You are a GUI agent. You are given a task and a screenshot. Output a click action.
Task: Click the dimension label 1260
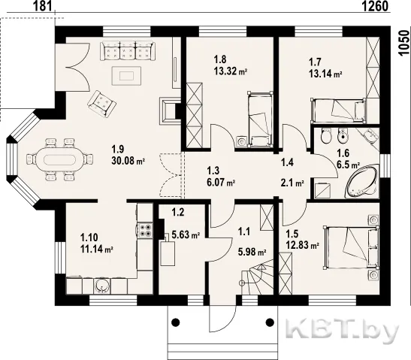pos(375,6)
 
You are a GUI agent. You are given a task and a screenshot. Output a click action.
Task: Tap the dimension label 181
pos(43,6)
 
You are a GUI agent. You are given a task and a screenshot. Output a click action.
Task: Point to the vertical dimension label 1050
pos(405,43)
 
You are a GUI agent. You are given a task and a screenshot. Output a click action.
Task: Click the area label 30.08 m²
pos(128,161)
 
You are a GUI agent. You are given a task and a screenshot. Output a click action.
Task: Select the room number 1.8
pos(220,59)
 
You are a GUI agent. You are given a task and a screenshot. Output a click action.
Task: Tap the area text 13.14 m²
pos(325,74)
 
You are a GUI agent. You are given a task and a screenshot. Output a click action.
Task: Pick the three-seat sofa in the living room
pos(128,50)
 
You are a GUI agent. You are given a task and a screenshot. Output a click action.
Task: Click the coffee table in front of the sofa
pos(126,76)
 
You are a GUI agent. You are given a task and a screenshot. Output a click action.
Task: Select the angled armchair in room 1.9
pos(101,104)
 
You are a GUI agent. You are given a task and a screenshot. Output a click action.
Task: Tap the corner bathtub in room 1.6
pos(363,181)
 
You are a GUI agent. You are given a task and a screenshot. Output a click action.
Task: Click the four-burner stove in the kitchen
pos(144,231)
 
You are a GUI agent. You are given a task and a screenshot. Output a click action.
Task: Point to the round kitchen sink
pos(102,285)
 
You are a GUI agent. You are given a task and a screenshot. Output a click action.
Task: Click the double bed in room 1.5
pos(351,247)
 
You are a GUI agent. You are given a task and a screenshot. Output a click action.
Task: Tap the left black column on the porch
pos(176,322)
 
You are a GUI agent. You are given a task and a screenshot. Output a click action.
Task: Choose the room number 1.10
pos(89,237)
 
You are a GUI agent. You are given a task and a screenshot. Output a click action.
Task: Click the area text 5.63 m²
pos(186,235)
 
